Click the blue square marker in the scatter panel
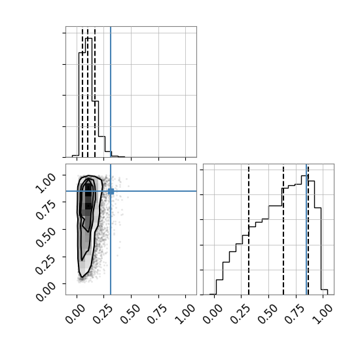[111, 191]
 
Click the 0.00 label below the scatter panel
[75, 314]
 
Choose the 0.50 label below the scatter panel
[130, 314]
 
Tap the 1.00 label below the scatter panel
[185, 314]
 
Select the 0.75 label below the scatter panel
[157, 314]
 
